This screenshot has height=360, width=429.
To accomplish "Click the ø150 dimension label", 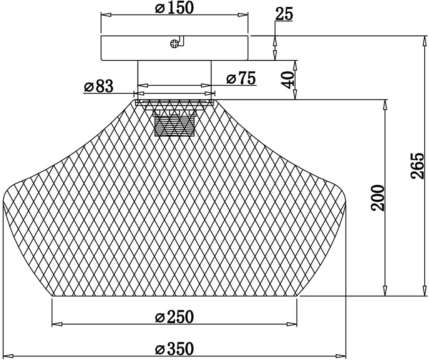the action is pyautogui.click(x=174, y=7).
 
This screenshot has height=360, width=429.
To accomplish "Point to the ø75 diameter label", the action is pyautogui.click(x=241, y=78).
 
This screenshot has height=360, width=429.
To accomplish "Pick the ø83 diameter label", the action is pyautogui.click(x=99, y=86).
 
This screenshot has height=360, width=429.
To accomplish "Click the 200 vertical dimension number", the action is pyautogui.click(x=378, y=198).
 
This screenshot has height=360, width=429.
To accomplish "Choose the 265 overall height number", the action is pyautogui.click(x=418, y=166).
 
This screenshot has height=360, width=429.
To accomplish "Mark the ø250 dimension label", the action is pyautogui.click(x=174, y=317).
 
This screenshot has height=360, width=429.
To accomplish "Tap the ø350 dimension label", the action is pyautogui.click(x=174, y=348).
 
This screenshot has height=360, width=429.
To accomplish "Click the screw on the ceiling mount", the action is pyautogui.click(x=174, y=43).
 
